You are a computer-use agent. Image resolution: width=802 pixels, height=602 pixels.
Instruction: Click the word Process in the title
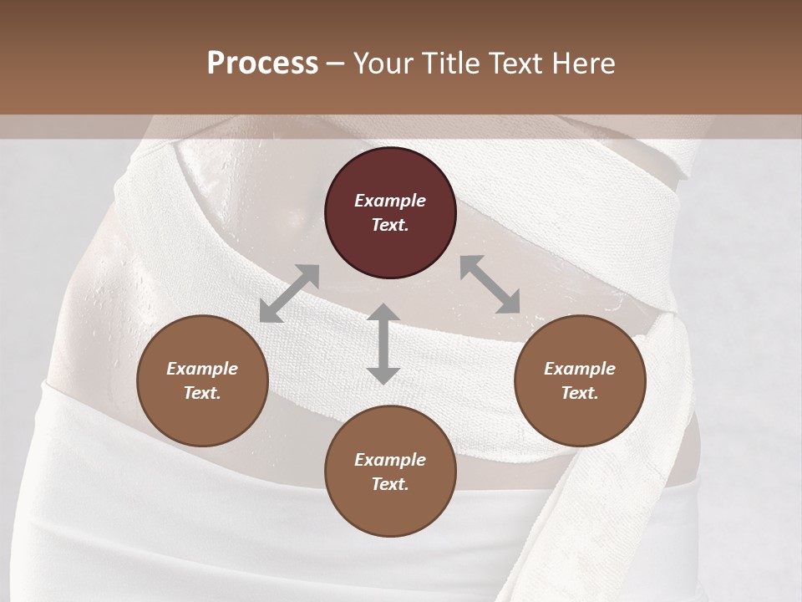pos(262,64)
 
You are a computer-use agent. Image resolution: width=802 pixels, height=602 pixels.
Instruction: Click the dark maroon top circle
pos(390,212)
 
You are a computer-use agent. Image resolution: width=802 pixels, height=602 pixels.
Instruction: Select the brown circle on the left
pos(202,380)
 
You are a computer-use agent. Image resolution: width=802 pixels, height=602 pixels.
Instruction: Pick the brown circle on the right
pos(579,380)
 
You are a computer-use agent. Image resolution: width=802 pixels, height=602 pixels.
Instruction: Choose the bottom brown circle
pos(390,472)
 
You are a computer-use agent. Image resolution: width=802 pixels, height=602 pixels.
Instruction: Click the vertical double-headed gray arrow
pos(383,344)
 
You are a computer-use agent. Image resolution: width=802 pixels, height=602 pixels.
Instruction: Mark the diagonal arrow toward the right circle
pos(490,284)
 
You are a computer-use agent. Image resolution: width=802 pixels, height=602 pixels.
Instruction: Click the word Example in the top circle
pos(390,201)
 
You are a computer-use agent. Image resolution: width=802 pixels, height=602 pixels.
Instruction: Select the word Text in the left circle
pos(202,393)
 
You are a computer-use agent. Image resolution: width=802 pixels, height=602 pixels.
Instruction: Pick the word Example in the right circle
pos(579,369)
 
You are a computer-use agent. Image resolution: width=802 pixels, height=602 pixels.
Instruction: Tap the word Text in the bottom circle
pos(390,484)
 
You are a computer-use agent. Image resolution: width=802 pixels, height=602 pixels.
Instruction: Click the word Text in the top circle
pos(390,225)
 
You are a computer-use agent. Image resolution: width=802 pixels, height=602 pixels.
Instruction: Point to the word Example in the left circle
pos(202,369)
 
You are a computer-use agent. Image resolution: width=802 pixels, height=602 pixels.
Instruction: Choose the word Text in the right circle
pos(579,393)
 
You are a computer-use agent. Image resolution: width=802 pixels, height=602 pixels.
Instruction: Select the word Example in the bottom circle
pos(390,460)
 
